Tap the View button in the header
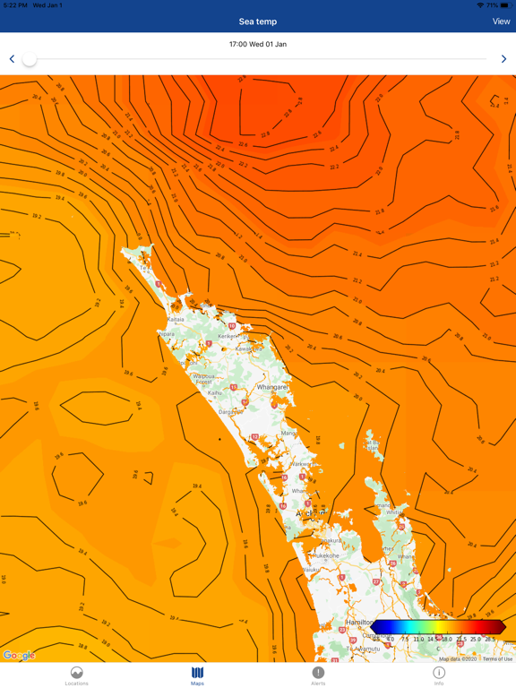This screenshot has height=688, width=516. (x=501, y=21)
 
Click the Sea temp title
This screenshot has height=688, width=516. (x=258, y=21)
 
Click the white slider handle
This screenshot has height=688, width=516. (x=30, y=59)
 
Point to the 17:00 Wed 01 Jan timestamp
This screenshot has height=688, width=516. (x=258, y=44)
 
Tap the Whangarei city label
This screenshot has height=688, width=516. (x=271, y=387)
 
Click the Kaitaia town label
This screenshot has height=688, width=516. (x=176, y=319)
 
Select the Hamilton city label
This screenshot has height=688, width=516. (x=360, y=622)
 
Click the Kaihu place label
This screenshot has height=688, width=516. (x=215, y=392)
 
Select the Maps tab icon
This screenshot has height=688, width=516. (x=197, y=673)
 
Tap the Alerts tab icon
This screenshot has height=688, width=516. (x=318, y=673)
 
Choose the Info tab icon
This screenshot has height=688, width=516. (x=439, y=673)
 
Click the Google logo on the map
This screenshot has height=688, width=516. (x=19, y=656)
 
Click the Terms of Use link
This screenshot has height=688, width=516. (x=498, y=659)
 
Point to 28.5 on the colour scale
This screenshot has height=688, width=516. (x=490, y=640)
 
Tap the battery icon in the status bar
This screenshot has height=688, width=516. (x=505, y=5)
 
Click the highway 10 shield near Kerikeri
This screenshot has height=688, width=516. (x=232, y=326)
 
